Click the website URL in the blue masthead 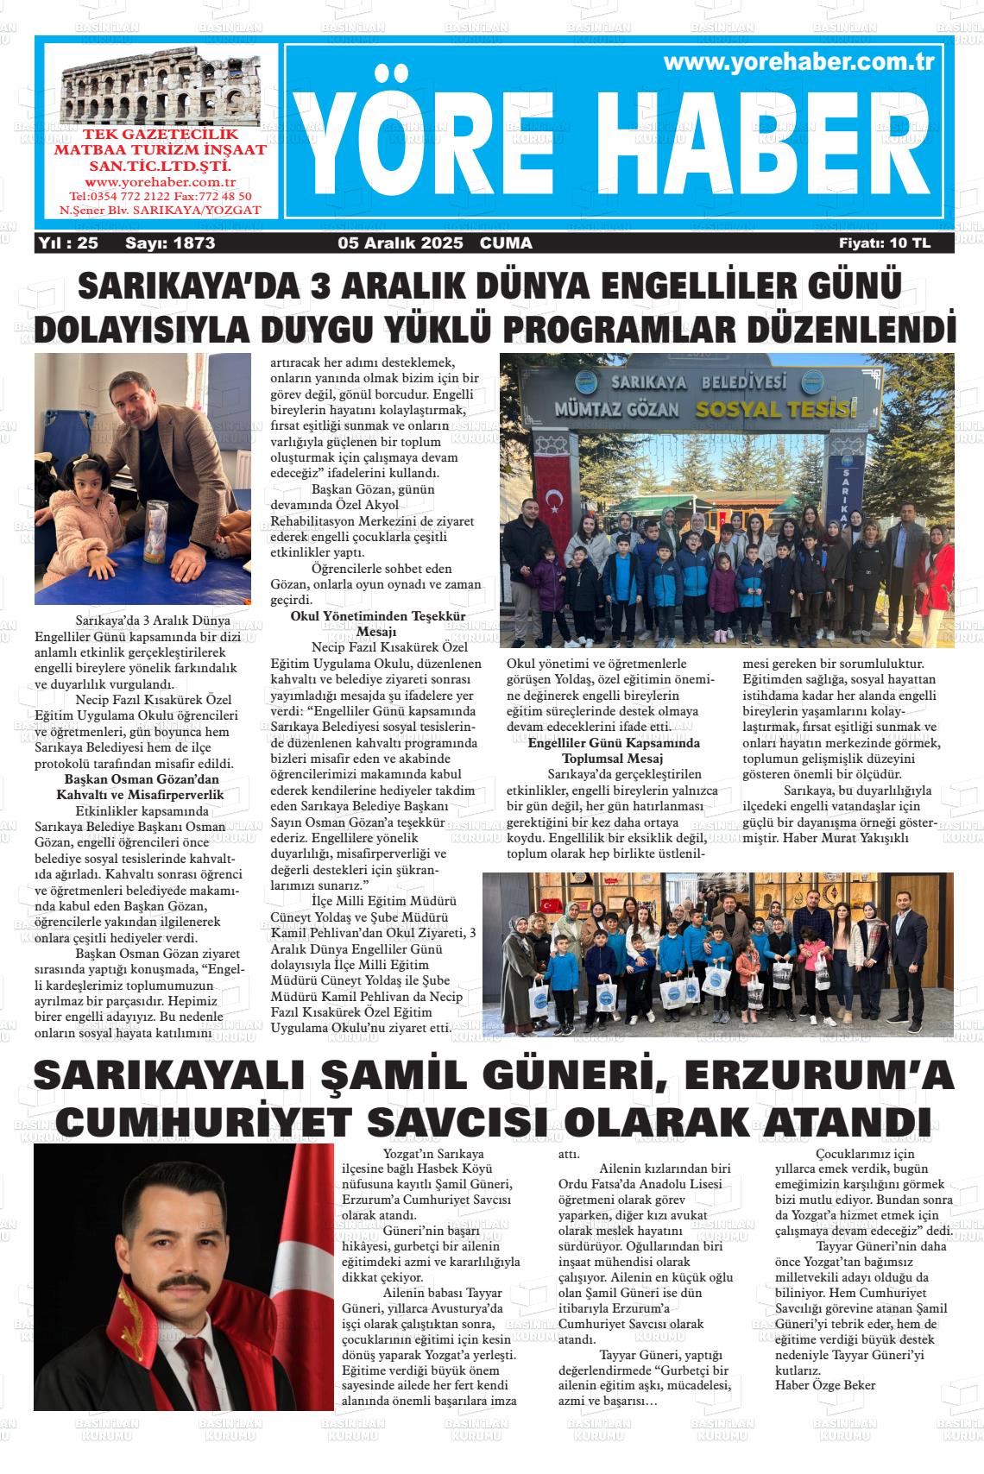pyautogui.click(x=800, y=62)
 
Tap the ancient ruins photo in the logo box pyautogui.click(x=161, y=87)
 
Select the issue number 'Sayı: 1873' pyautogui.click(x=170, y=243)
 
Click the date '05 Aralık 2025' pyautogui.click(x=401, y=243)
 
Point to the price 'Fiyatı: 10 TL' pyautogui.click(x=885, y=243)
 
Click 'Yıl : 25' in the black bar pyautogui.click(x=68, y=243)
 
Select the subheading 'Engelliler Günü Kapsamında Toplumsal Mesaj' pyautogui.click(x=613, y=750)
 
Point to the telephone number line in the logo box pyautogui.click(x=161, y=196)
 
